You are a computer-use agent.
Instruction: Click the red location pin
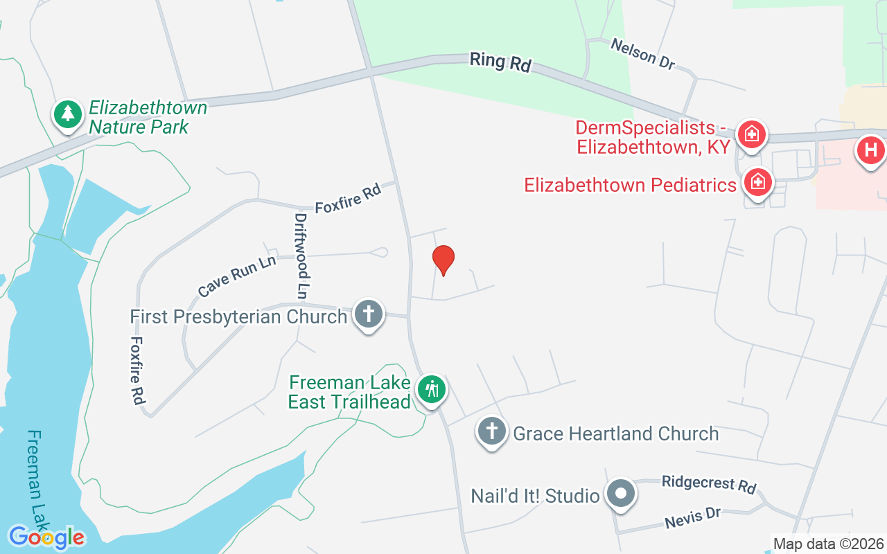click(x=443, y=260)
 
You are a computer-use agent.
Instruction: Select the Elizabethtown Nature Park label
click(x=148, y=118)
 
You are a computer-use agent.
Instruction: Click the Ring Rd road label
click(x=500, y=61)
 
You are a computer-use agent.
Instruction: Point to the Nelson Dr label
click(x=642, y=53)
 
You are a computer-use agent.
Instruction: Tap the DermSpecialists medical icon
click(x=752, y=134)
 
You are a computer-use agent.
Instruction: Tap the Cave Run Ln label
click(x=237, y=276)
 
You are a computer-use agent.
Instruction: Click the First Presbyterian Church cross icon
click(x=369, y=314)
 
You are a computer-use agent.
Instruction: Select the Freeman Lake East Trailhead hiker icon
click(x=432, y=389)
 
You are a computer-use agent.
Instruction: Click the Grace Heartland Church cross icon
click(x=491, y=432)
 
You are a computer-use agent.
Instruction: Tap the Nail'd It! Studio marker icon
click(x=621, y=494)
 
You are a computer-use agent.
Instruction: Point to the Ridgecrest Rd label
click(x=708, y=484)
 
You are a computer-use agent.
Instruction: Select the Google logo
click(x=46, y=537)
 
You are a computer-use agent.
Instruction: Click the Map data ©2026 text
click(x=828, y=544)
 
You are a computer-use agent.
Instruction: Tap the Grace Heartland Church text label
click(x=615, y=434)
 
